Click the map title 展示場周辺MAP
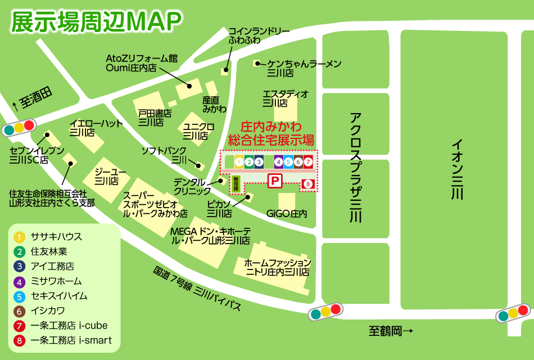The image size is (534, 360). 96,21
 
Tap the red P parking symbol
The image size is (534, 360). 275,181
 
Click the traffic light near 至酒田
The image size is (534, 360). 19,128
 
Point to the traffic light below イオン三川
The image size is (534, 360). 513,313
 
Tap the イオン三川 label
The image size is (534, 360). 458,169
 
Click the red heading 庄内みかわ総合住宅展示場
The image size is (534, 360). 270,133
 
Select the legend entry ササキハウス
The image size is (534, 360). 56,237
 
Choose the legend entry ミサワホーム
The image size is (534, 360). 56,281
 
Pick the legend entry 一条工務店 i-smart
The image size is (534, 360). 71,340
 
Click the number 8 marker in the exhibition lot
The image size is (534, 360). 307,183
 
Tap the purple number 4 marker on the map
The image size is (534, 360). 278,162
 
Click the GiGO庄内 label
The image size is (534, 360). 287,214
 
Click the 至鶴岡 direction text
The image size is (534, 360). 391,331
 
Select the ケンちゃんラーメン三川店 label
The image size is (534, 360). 304,68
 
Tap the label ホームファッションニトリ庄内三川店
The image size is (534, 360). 277,267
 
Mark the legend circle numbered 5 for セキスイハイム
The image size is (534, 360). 20,296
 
